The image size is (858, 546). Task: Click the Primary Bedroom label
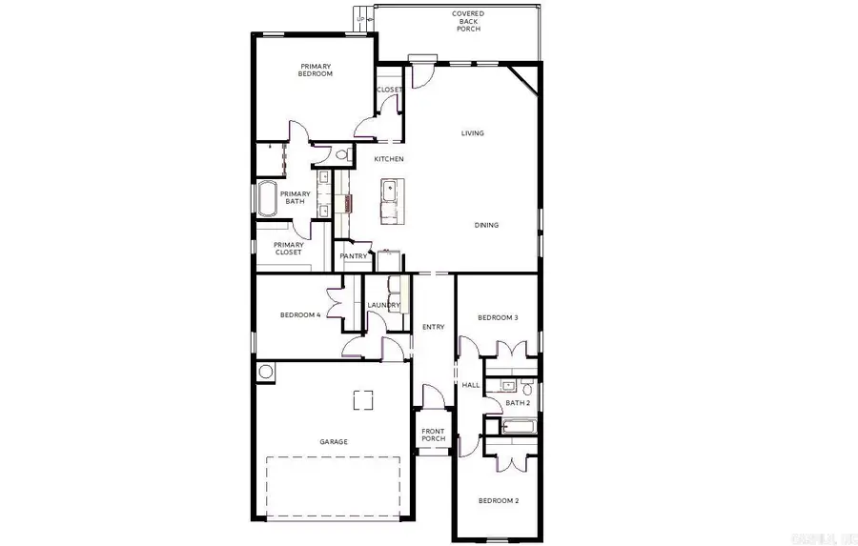[x=315, y=69]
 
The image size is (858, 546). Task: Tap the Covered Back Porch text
[x=467, y=21]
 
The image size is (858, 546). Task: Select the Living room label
[x=472, y=133]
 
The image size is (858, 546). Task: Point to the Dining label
[x=487, y=225]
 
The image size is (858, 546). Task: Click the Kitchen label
[x=388, y=158]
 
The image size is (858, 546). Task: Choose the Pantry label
[x=354, y=255]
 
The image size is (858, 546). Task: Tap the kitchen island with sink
[x=391, y=200]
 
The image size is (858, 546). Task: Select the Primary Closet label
[x=289, y=249]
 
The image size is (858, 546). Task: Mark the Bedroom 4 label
[x=299, y=315]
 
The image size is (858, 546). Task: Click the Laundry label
[x=383, y=305]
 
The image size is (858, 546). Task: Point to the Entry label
[x=433, y=327]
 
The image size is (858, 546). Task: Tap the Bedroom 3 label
[x=498, y=317]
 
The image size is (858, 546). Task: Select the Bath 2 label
[x=518, y=403]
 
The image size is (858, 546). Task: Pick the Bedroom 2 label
[x=497, y=500]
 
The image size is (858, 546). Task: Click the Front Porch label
[x=433, y=435]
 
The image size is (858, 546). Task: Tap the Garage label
[x=333, y=442]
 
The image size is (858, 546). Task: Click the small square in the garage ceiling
[x=362, y=400]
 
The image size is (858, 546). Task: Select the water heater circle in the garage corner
[x=266, y=372]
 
